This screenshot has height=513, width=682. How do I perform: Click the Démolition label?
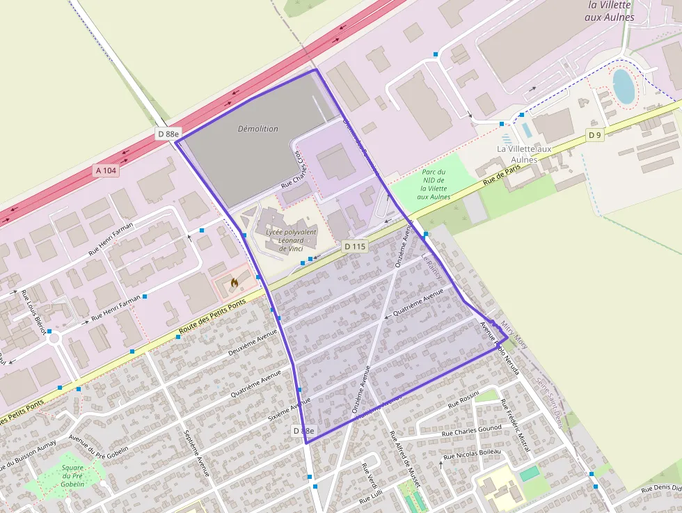click(x=257, y=129)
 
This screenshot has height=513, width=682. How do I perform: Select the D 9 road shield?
click(x=594, y=135)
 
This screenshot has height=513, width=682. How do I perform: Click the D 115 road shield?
click(x=354, y=246)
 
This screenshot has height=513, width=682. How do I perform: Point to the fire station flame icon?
click(x=234, y=283)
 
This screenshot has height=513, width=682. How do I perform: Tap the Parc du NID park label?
click(x=433, y=184)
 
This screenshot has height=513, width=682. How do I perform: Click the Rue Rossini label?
click(x=463, y=400)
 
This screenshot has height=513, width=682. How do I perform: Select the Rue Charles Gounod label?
click(x=472, y=431)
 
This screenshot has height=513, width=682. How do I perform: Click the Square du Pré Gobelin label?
click(x=72, y=475)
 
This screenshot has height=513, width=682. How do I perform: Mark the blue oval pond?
click(x=624, y=86)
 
